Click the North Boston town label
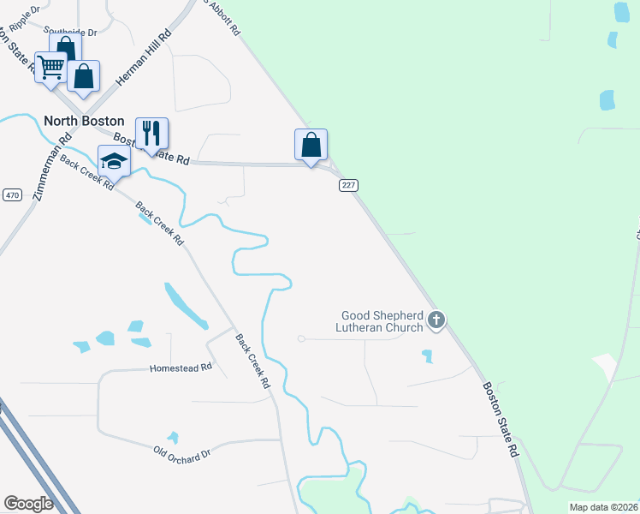[84, 122]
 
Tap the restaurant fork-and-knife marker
[151, 134]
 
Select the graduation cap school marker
[114, 160]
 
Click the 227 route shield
[348, 185]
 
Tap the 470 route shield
[11, 195]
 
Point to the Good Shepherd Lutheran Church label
[382, 321]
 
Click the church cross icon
[436, 321]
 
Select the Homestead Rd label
[181, 368]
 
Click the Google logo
[29, 504]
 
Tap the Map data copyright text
[603, 507]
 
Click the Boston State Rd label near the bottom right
[501, 419]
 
